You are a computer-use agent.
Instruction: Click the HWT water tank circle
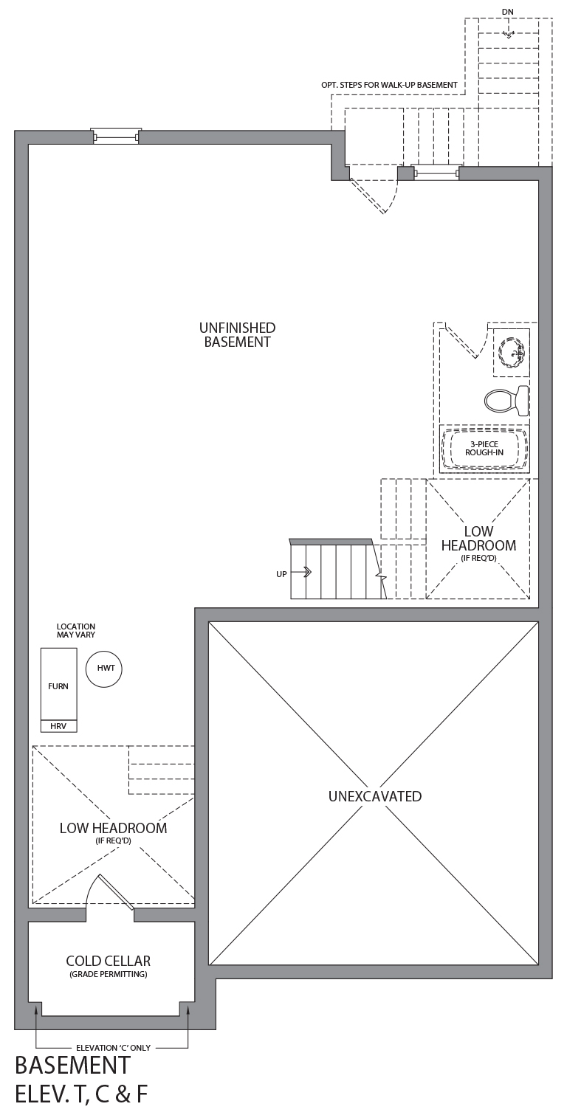click(104, 669)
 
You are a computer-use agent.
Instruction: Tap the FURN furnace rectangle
click(59, 684)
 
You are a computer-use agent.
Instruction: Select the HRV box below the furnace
click(59, 726)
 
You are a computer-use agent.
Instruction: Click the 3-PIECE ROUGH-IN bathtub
click(484, 449)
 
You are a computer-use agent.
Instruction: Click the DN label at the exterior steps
click(508, 12)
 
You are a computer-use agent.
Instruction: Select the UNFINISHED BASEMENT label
click(238, 334)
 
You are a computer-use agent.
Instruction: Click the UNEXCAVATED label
click(375, 796)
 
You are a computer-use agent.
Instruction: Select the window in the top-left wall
click(116, 137)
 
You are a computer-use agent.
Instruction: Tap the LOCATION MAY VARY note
click(75, 631)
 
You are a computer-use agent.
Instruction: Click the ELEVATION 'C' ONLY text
click(113, 1048)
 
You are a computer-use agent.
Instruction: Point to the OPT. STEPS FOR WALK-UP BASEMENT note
click(389, 85)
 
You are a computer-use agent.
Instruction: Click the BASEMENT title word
click(72, 1066)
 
